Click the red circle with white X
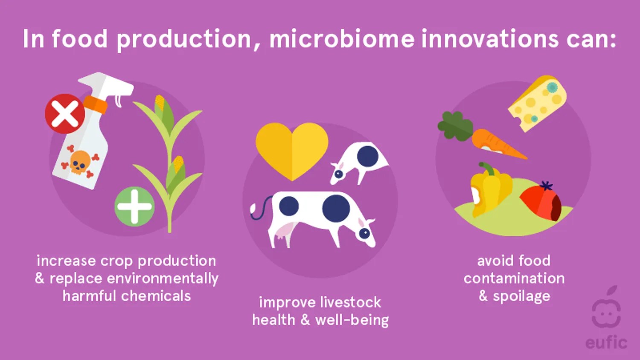coord(65,114)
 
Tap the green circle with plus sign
coord(134,206)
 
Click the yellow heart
coord(292,149)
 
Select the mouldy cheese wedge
coord(538,102)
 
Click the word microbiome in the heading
coord(342,39)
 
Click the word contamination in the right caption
coord(514,279)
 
